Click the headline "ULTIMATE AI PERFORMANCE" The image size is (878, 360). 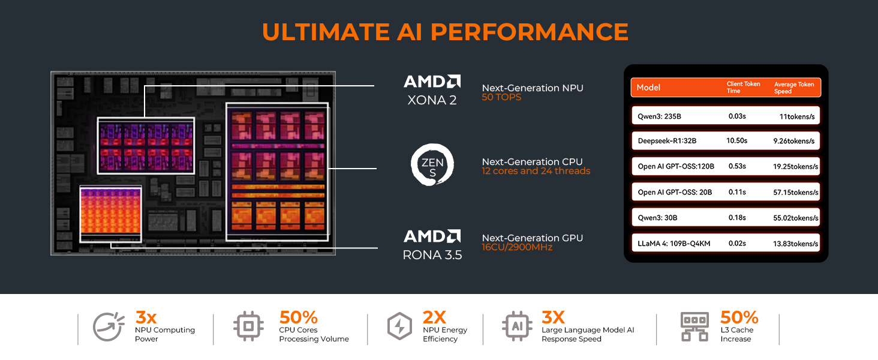(445, 32)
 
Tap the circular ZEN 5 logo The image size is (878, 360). (432, 164)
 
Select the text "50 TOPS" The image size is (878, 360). (501, 97)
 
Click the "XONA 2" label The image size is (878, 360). (432, 100)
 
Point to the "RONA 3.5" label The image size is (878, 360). (432, 255)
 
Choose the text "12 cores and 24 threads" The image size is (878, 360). (536, 171)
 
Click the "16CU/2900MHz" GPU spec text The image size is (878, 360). (517, 247)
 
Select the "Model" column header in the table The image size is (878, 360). (648, 88)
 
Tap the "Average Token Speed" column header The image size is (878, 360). (794, 88)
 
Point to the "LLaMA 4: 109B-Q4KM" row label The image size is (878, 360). (675, 244)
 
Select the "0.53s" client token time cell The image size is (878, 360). (737, 166)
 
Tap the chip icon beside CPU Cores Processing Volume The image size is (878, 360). (248, 327)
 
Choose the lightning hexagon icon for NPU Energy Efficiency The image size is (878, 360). (399, 327)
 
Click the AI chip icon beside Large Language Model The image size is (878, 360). (516, 327)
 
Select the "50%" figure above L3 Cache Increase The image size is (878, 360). (739, 317)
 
